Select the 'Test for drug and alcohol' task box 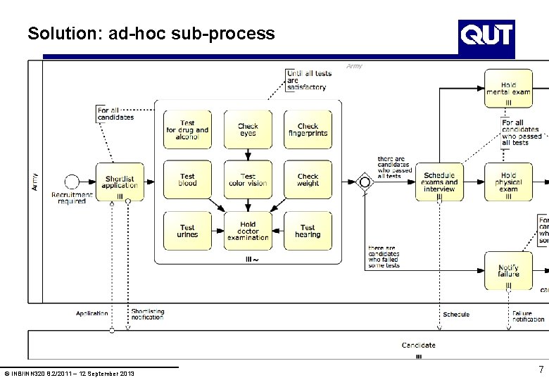[x=187, y=129]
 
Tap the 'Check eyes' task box [x=248, y=129]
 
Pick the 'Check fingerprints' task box [x=308, y=129]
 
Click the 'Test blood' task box [x=187, y=180]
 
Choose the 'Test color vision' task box [x=248, y=180]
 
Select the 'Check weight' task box [x=308, y=180]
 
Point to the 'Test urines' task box [x=187, y=231]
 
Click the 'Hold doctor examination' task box [x=248, y=231]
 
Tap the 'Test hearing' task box [x=308, y=231]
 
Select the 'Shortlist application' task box [x=120, y=182]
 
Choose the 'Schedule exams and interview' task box [x=439, y=182]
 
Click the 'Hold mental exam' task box [x=508, y=89]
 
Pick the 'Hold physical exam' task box [x=508, y=182]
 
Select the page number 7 [x=541, y=370]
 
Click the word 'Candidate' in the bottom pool [x=419, y=345]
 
